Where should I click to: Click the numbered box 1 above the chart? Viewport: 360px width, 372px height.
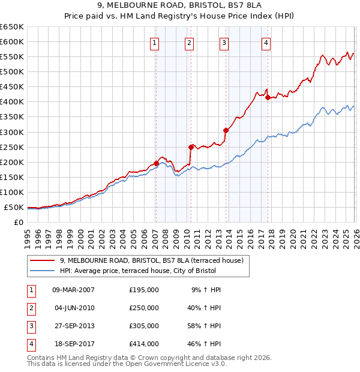point(155,42)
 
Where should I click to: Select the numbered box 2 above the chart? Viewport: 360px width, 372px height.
point(189,42)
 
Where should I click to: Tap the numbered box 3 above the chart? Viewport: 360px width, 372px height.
point(224,42)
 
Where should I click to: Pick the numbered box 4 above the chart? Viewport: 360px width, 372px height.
point(266,42)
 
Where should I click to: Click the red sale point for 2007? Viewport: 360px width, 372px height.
point(156,163)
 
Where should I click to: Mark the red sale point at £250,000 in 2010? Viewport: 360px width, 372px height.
point(191,146)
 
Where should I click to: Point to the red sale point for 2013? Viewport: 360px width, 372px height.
point(226,130)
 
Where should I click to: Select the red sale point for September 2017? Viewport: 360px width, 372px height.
point(268,97)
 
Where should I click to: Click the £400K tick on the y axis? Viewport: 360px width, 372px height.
point(11,101)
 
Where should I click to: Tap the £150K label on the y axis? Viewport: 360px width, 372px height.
point(11,177)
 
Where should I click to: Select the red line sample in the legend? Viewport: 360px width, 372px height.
point(43,260)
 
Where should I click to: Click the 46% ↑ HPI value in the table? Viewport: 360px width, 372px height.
point(206,344)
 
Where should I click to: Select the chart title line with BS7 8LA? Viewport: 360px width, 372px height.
point(180,7)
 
